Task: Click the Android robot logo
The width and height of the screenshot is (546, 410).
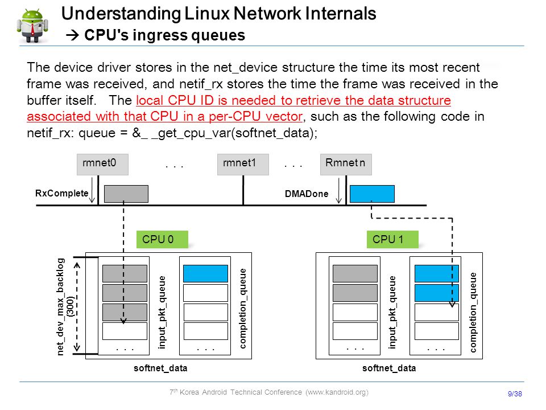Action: point(32,26)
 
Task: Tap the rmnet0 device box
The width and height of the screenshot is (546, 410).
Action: point(102,164)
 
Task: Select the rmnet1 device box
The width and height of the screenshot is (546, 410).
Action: point(243,164)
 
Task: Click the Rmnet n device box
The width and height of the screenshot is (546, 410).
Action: point(346,164)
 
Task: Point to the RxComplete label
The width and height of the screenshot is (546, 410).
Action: point(61,193)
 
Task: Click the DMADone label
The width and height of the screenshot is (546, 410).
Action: point(307,194)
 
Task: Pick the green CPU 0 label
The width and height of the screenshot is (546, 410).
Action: point(162,239)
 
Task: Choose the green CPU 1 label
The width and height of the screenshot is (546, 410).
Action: point(392,239)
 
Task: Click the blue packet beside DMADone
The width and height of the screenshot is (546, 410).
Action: point(372,194)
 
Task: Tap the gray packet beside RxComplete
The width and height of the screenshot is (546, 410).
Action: point(126,194)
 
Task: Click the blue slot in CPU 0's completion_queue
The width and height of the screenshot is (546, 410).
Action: point(205,274)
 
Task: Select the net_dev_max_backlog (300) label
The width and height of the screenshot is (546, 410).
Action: point(65,307)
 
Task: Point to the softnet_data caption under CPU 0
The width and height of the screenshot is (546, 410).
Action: point(160,368)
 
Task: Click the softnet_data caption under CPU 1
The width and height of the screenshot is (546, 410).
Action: point(389,368)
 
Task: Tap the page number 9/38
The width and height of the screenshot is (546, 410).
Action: point(515,393)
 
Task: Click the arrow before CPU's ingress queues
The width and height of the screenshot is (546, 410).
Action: point(72,35)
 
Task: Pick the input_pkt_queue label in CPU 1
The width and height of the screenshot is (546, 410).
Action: point(392,312)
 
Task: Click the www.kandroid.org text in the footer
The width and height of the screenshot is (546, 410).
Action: point(337,392)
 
